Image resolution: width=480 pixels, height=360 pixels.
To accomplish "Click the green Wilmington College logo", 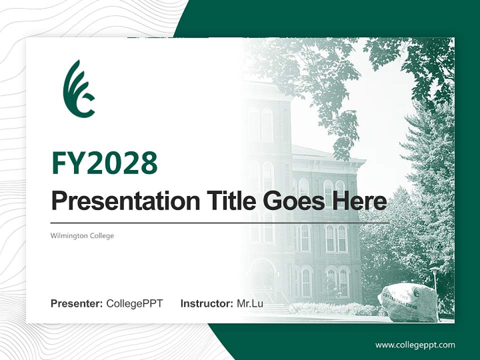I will [79, 89].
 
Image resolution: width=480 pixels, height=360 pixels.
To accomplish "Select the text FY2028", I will [104, 163].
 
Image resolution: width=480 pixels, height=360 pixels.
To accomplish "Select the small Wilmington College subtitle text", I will [82, 235].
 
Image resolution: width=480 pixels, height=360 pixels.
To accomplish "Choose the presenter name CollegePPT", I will [134, 303].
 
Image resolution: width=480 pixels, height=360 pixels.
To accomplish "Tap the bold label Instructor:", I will [206, 303].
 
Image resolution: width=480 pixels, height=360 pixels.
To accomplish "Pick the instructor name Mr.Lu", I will [250, 303].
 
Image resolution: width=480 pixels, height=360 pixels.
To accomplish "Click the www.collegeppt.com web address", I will [415, 345].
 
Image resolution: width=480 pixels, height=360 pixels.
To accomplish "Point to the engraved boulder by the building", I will [407, 302].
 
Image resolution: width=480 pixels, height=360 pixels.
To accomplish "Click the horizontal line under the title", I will [220, 222].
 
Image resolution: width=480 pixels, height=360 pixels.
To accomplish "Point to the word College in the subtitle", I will [102, 235].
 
